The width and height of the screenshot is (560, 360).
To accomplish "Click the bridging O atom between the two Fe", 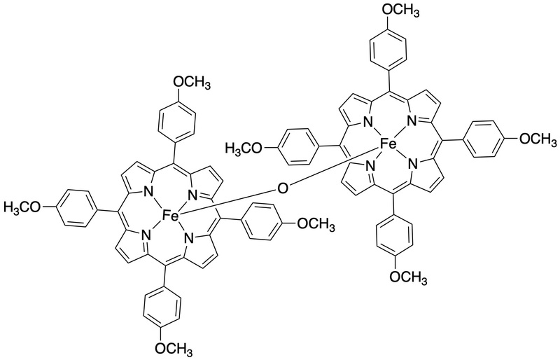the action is click(282, 188).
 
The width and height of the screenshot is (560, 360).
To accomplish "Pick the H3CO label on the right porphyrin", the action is click(244, 147).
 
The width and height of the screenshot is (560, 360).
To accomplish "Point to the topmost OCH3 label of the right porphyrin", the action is click(400, 10).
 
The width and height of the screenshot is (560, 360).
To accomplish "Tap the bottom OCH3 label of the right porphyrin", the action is click(409, 276).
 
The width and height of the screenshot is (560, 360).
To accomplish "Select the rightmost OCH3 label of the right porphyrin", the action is click(538, 139).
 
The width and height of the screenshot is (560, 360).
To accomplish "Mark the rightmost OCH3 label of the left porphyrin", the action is click(316, 225).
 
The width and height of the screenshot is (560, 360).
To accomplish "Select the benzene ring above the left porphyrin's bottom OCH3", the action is click(162, 306).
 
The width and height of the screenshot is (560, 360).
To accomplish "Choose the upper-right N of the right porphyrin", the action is click(411, 123).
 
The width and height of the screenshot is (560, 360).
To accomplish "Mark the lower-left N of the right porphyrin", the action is click(370, 166).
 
